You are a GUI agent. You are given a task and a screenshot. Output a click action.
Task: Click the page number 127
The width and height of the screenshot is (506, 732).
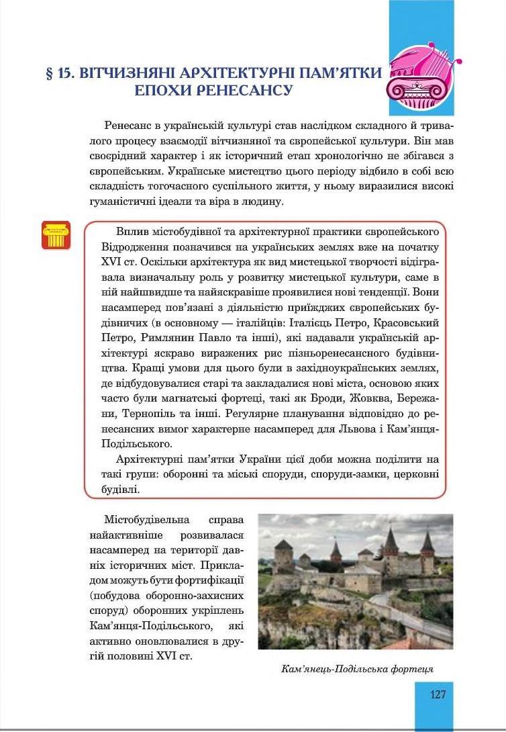coord(438,694)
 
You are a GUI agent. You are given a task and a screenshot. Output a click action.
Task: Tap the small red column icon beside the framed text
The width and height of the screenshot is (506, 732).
coord(56,235)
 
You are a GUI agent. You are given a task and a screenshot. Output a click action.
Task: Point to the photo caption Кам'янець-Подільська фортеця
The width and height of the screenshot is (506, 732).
coord(357,669)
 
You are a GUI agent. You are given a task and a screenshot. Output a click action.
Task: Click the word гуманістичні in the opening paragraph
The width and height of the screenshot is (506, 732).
coord(121,201)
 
